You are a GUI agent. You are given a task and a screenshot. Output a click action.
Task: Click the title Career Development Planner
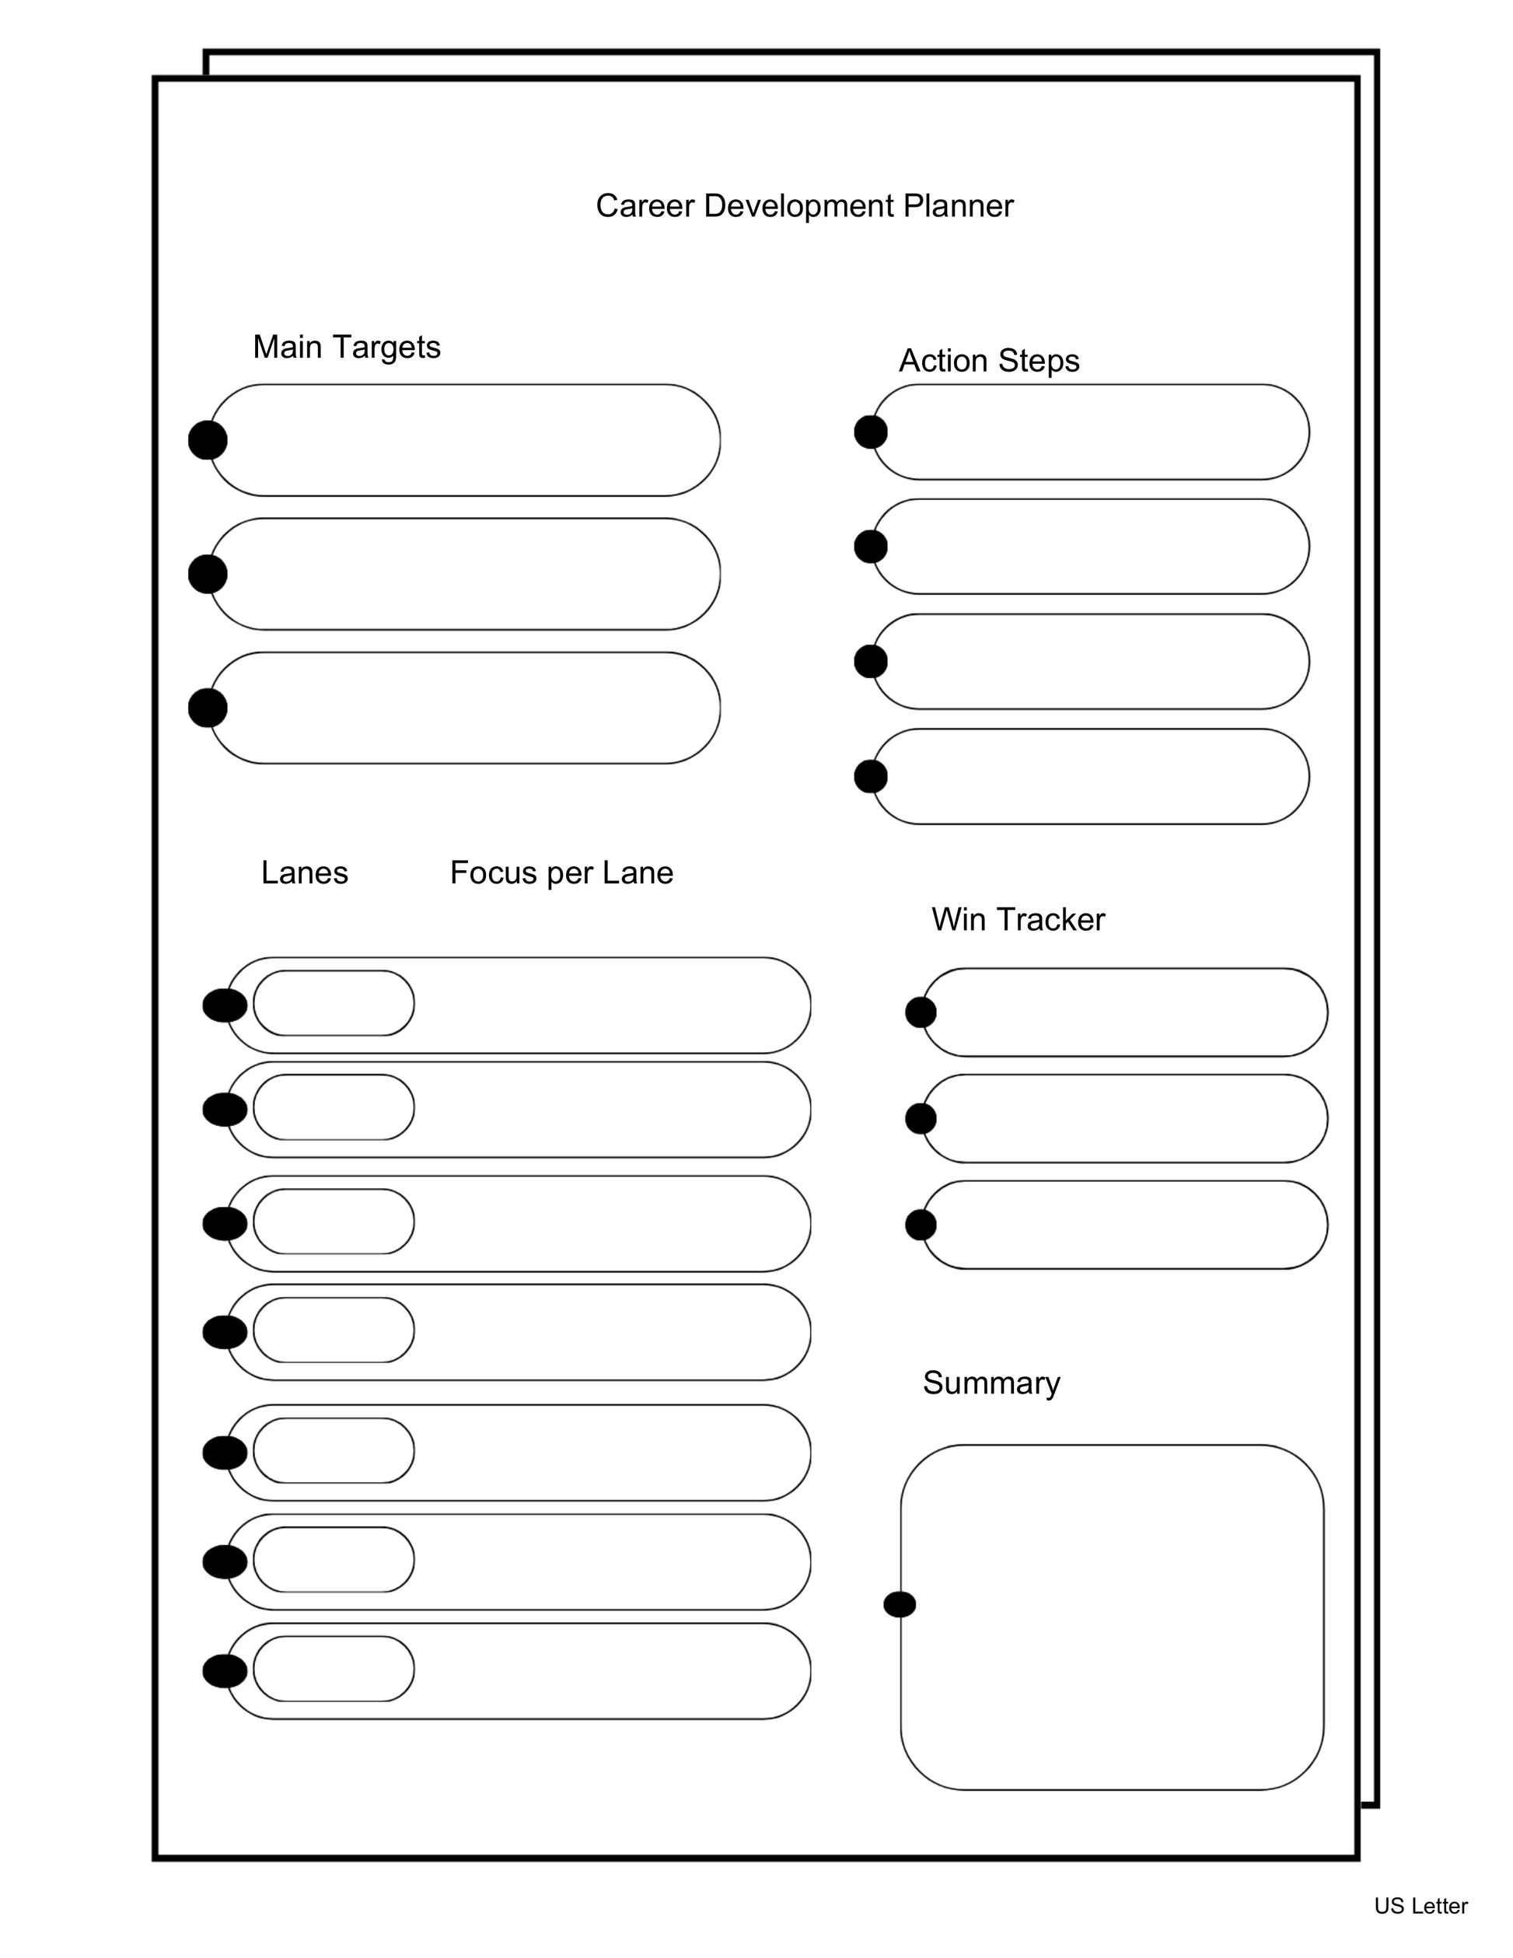[804, 206]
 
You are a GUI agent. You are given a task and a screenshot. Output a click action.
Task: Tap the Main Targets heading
[346, 347]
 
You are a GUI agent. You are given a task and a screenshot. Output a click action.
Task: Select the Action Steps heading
[989, 360]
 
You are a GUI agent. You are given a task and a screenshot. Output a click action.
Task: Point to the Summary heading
[991, 1383]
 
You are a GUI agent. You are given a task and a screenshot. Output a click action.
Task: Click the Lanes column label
[304, 872]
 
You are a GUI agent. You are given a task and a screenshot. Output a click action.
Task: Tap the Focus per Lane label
[561, 872]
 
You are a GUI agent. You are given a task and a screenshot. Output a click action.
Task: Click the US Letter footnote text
[1420, 1906]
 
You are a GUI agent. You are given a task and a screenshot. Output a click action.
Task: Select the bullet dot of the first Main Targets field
[207, 440]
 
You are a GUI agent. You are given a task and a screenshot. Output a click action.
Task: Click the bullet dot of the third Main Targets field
[207, 708]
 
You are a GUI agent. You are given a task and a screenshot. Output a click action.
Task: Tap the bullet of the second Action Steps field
[870, 547]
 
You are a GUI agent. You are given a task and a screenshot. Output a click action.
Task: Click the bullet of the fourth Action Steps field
[870, 776]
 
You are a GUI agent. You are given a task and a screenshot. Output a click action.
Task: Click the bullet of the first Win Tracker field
[921, 1012]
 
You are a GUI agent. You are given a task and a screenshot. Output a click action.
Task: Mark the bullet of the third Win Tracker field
[921, 1225]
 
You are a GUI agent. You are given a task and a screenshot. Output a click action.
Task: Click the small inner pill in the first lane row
[334, 1003]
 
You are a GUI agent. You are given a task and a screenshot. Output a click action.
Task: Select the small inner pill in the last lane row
[334, 1669]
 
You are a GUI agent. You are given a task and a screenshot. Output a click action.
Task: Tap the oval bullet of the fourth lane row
[224, 1332]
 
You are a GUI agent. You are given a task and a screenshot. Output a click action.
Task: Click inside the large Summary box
[1112, 1614]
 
